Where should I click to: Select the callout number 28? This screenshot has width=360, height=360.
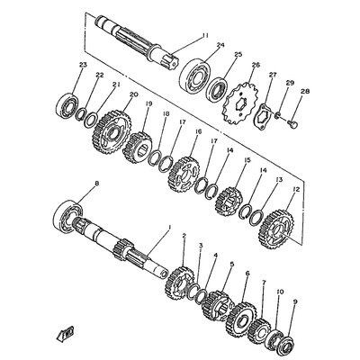(x=304, y=92)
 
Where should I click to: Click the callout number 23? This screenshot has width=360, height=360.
(x=83, y=65)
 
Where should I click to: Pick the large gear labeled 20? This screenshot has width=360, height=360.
(x=112, y=129)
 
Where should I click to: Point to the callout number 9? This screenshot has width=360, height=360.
(x=293, y=302)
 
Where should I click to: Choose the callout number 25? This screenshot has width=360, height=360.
(x=238, y=55)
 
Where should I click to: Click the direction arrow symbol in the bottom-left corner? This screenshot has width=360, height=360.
(x=66, y=334)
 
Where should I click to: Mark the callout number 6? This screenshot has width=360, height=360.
(x=246, y=274)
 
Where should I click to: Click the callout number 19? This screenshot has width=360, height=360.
(x=149, y=104)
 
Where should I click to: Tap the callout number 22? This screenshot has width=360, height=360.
(x=101, y=75)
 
